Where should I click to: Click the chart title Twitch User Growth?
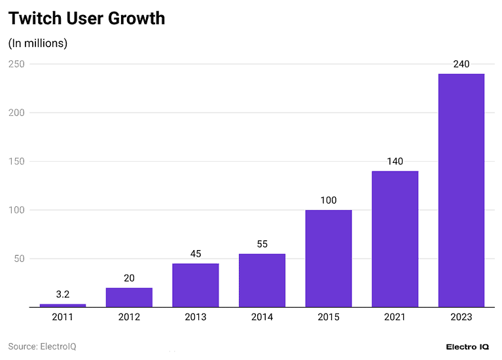pyautogui.click(x=86, y=18)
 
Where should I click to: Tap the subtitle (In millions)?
pyautogui.click(x=38, y=43)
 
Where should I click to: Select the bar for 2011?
pyautogui.click(x=63, y=305)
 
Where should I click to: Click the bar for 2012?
pyautogui.click(x=129, y=297)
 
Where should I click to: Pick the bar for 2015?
pyautogui.click(x=329, y=259)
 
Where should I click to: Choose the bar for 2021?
pyautogui.click(x=395, y=239)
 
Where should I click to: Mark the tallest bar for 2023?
pyautogui.click(x=461, y=190)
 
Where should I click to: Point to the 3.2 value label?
pyautogui.click(x=63, y=295)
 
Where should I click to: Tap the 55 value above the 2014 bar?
pyautogui.click(x=262, y=244)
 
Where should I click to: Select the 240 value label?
pyautogui.click(x=461, y=64)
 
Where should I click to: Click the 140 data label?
pyautogui.click(x=395, y=162)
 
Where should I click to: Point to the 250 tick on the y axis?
pyautogui.click(x=16, y=64)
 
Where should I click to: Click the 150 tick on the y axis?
pyautogui.click(x=16, y=161)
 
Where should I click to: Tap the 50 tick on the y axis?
pyautogui.click(x=19, y=259)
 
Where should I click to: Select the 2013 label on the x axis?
pyautogui.click(x=196, y=317)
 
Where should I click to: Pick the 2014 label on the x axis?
pyautogui.click(x=262, y=317)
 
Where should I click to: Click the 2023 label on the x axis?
pyautogui.click(x=461, y=317)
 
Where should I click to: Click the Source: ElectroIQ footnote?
pyautogui.click(x=42, y=346)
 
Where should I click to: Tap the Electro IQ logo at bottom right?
pyautogui.click(x=467, y=346)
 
